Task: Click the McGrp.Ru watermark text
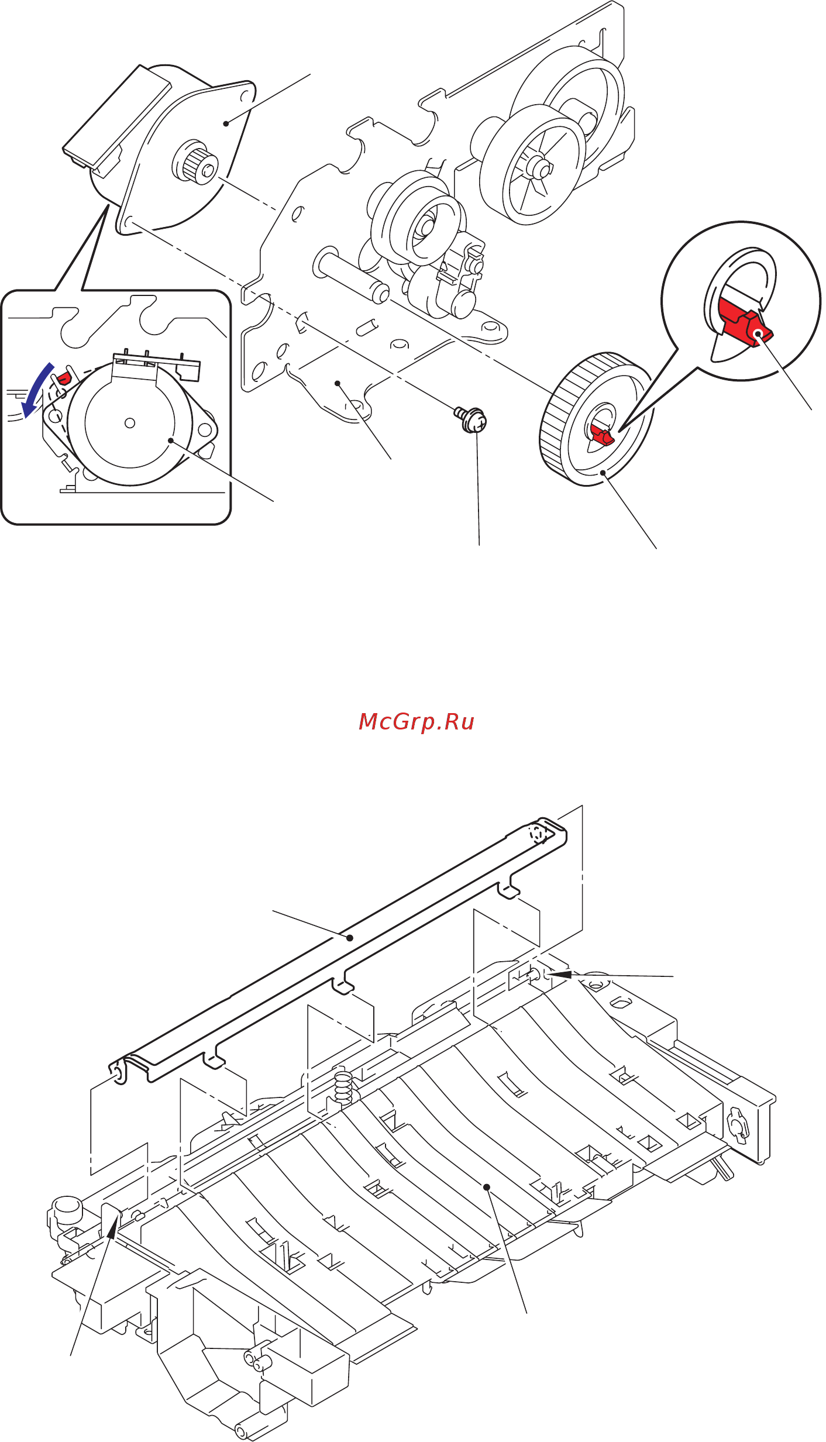(416, 722)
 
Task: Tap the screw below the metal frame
(473, 420)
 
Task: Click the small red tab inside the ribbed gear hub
(602, 435)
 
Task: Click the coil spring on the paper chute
(343, 1086)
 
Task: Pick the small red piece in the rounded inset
(62, 377)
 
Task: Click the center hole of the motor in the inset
(130, 423)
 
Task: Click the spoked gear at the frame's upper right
(532, 165)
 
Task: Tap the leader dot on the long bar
(350, 938)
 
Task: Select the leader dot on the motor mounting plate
(226, 123)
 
